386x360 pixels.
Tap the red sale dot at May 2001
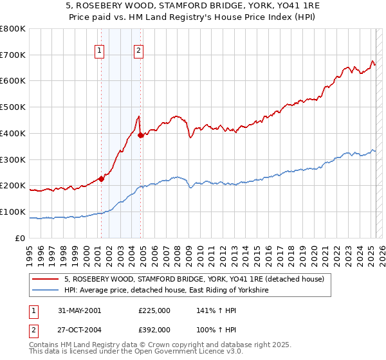[x=101, y=179]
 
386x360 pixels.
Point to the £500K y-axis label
[x=13, y=107]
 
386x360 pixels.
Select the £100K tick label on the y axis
[x=13, y=212]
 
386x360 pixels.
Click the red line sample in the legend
[x=46, y=278]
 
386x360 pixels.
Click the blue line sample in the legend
[x=46, y=291]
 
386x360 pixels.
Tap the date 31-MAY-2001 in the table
[x=80, y=310]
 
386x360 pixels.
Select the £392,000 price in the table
[x=154, y=328]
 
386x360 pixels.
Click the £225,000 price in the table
[x=154, y=310]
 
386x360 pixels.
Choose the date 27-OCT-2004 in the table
[x=80, y=328]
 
